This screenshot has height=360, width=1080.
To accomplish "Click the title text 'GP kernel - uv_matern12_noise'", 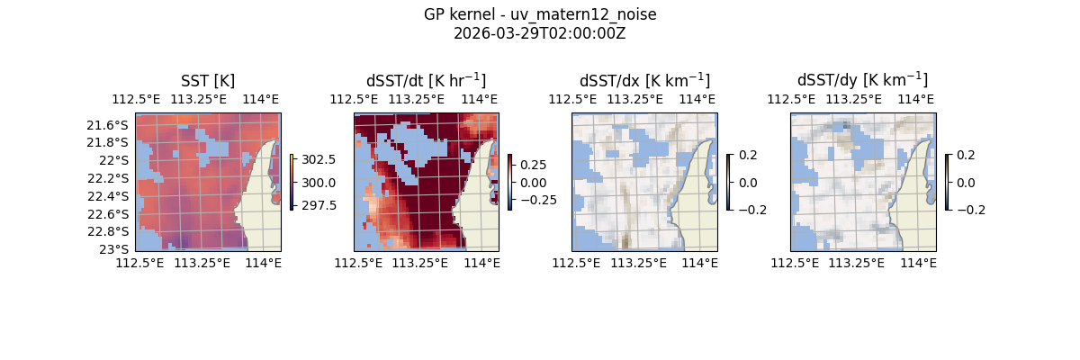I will coord(539,15).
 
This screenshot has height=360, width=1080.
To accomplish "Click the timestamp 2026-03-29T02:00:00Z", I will coord(539,33).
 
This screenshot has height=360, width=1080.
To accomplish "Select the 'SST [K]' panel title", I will coord(208,80).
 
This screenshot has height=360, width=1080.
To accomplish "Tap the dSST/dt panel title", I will coord(426,80).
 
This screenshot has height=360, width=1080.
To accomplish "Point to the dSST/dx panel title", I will coord(644,80).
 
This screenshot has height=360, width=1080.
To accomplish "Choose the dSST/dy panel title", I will coord(862,80).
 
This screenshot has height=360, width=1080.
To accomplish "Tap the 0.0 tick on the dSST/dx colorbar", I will coord(748,182).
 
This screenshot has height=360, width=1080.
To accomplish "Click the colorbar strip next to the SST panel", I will coord(292,182).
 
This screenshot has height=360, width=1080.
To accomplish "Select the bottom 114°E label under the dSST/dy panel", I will coord(918,263).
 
